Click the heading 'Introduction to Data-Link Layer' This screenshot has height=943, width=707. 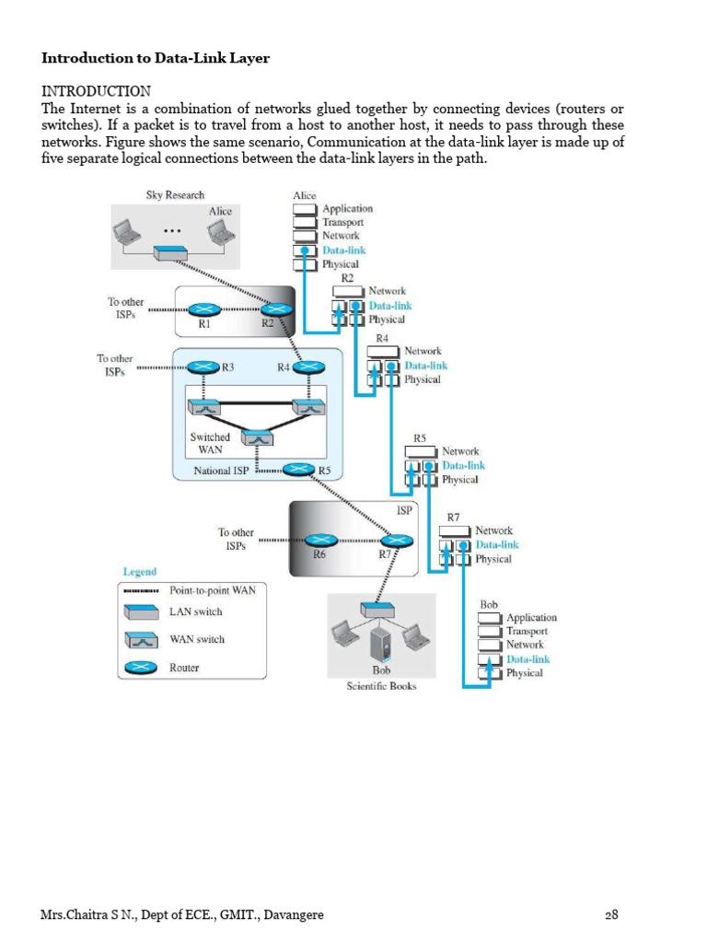click(x=156, y=58)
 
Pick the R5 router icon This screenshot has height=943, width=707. click(x=297, y=470)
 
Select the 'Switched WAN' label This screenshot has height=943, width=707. click(x=210, y=443)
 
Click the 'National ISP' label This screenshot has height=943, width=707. click(x=221, y=471)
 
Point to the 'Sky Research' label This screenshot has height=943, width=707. click(x=175, y=195)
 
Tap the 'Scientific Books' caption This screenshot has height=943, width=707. click(x=381, y=686)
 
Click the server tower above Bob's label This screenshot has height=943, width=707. click(x=381, y=642)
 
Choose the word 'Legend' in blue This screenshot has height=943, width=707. click(x=140, y=572)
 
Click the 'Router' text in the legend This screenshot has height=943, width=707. click(x=185, y=668)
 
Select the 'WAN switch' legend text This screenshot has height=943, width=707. click(x=197, y=639)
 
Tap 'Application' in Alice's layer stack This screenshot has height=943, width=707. click(x=347, y=209)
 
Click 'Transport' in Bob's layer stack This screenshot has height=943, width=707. click(x=527, y=631)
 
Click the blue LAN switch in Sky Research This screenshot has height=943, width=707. click(x=171, y=252)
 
